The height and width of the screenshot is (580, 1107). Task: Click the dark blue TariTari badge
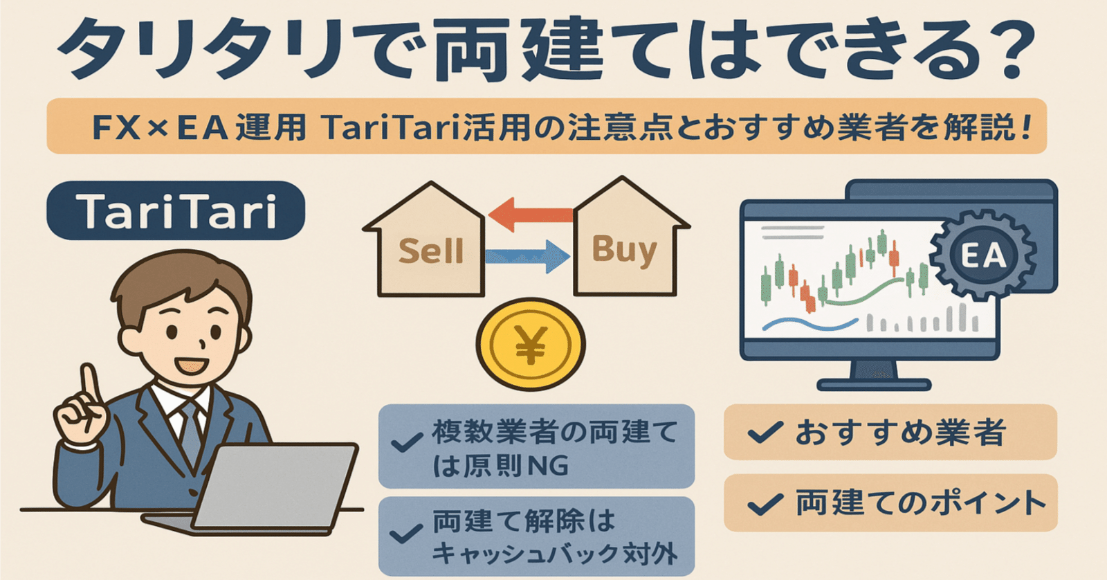176,210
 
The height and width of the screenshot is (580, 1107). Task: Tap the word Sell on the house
430,251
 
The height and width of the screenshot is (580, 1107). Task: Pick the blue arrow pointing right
528,257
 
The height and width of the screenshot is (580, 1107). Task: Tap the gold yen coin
531,344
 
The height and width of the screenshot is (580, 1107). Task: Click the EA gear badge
982,255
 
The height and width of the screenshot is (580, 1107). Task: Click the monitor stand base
873,384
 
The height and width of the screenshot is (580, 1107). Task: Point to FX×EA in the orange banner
160,127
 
